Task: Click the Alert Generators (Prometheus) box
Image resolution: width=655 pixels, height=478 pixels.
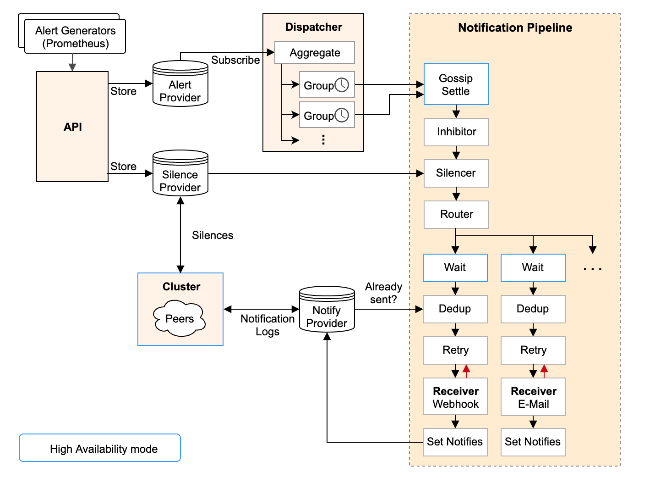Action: click(x=75, y=37)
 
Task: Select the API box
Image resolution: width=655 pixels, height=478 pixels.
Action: click(x=72, y=127)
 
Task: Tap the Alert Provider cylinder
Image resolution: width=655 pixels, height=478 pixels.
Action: click(x=180, y=87)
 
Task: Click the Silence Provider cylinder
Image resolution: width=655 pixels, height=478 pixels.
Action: click(x=180, y=177)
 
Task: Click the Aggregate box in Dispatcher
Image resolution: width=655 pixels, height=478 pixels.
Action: click(x=315, y=53)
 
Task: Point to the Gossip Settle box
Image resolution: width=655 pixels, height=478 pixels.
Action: click(x=456, y=84)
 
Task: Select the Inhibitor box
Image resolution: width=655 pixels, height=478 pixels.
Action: click(x=456, y=132)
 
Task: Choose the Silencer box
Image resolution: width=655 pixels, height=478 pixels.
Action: click(x=456, y=173)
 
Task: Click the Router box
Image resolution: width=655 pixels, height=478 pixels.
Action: click(x=456, y=214)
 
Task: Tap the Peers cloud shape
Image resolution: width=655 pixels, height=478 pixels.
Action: click(x=180, y=318)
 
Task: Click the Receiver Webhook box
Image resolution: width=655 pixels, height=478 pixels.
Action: click(x=455, y=397)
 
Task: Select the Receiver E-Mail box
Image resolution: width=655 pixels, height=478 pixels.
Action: click(x=533, y=397)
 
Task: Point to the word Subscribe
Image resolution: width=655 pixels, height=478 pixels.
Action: click(x=235, y=60)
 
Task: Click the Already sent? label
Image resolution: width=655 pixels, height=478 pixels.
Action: click(x=383, y=293)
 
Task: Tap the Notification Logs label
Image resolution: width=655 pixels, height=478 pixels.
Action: click(x=267, y=325)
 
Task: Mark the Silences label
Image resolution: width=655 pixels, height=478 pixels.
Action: click(x=213, y=235)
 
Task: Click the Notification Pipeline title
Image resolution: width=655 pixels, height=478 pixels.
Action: click(x=515, y=28)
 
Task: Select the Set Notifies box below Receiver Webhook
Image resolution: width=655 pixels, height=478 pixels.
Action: click(x=455, y=442)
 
